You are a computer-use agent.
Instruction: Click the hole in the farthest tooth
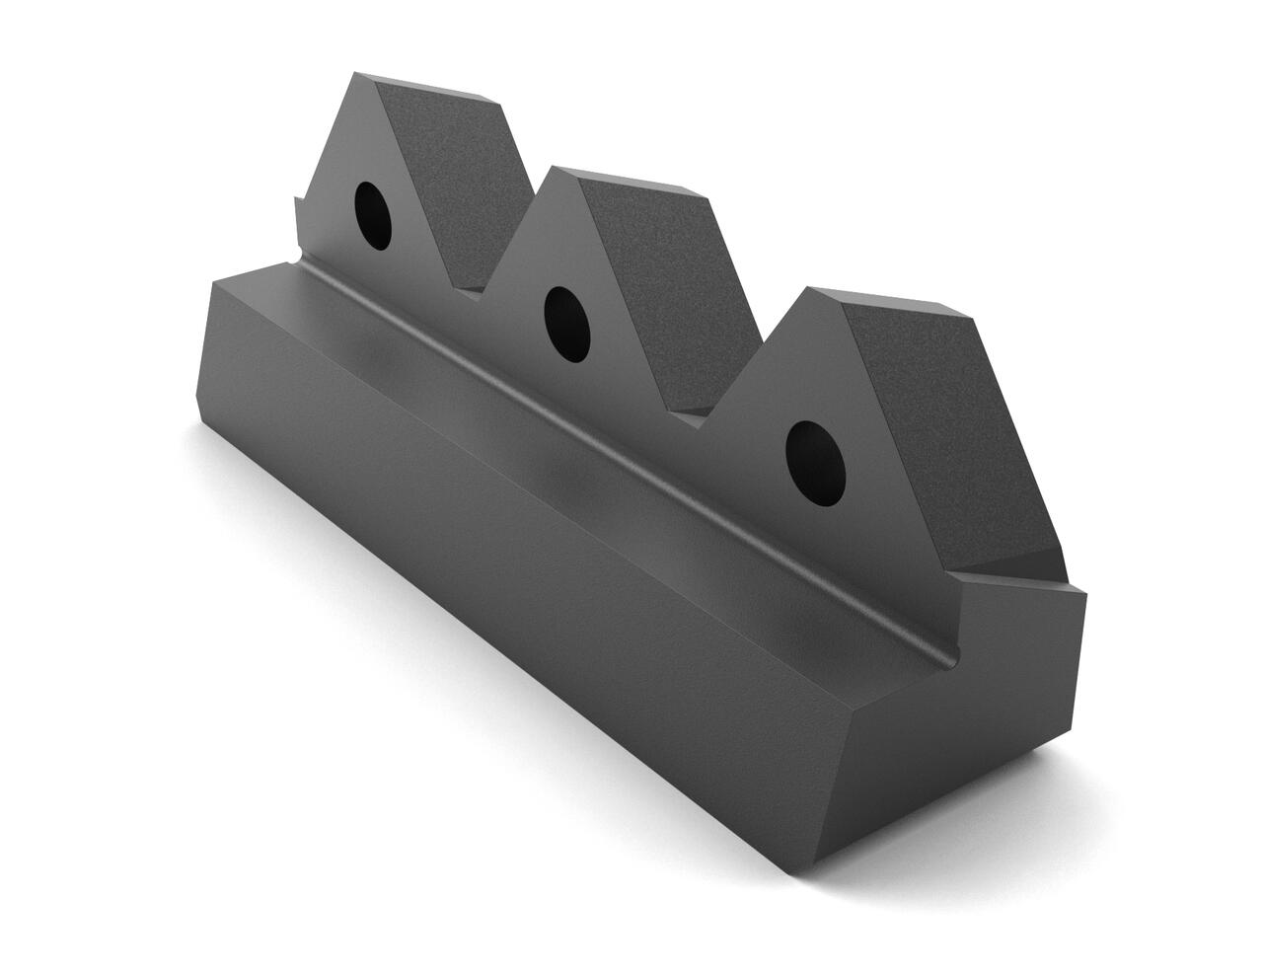click(x=374, y=214)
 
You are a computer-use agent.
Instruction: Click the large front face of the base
click(x=493, y=553)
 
